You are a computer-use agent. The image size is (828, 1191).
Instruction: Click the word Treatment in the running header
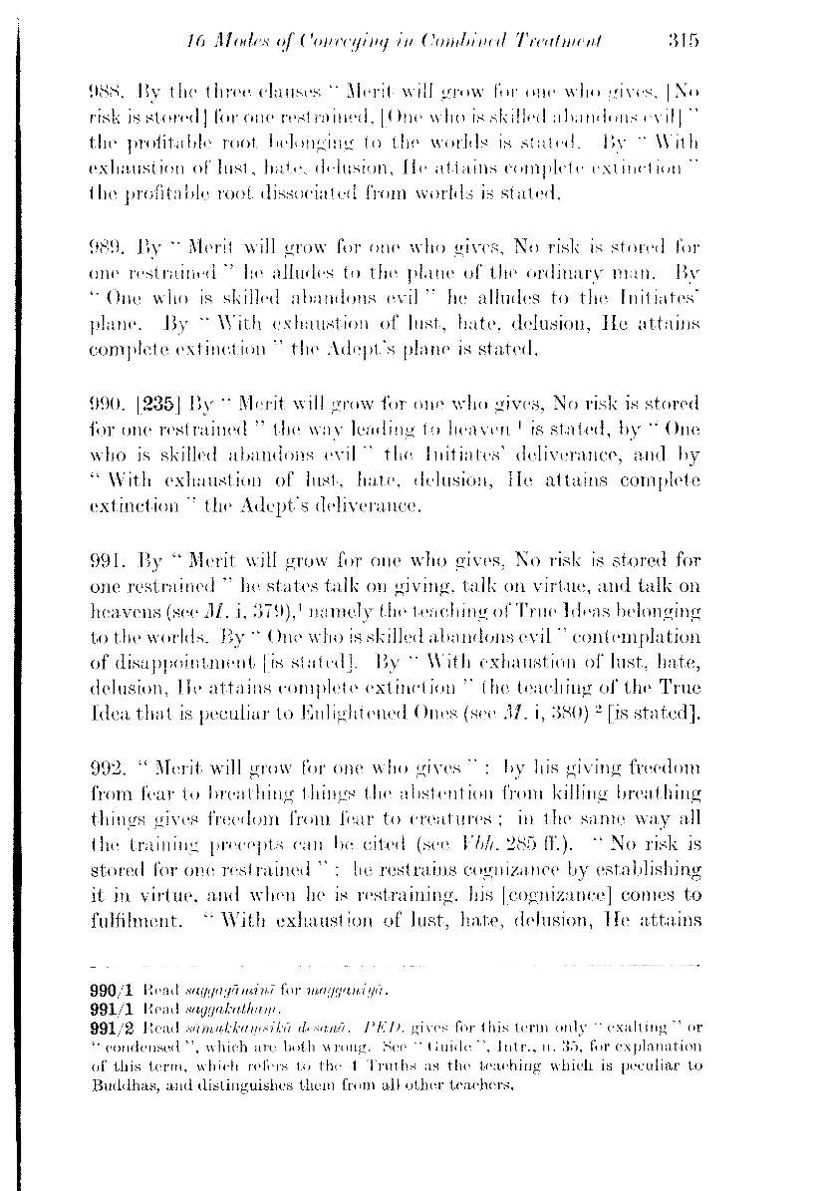click(x=555, y=40)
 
